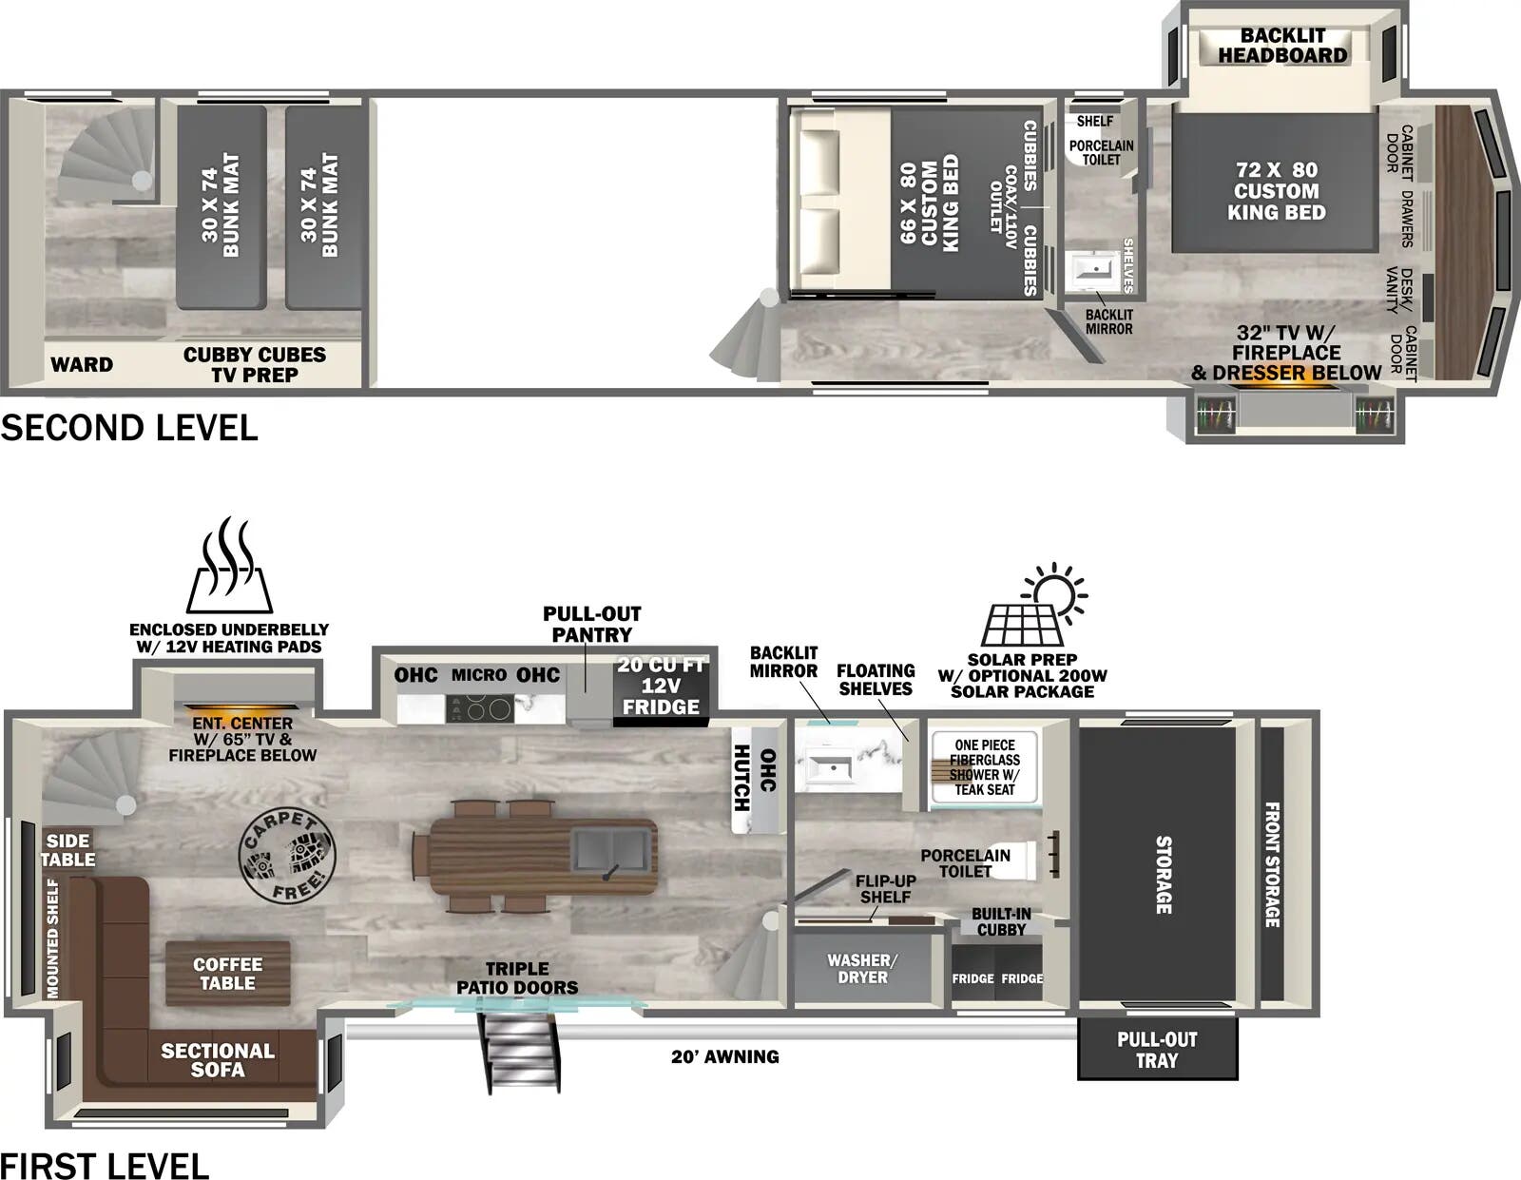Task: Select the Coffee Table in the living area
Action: (x=228, y=974)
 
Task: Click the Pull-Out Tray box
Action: (x=1157, y=1050)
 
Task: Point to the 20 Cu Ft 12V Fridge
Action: (x=661, y=687)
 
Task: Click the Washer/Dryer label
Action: (x=862, y=969)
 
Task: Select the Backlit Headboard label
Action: (x=1282, y=46)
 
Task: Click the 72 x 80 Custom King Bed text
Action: (x=1276, y=190)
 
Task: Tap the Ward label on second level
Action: (x=82, y=364)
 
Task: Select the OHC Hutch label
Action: (x=756, y=778)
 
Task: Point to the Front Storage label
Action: (x=1272, y=864)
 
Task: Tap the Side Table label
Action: (x=68, y=850)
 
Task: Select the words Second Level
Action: (x=129, y=428)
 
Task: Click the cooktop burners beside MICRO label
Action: (x=480, y=708)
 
